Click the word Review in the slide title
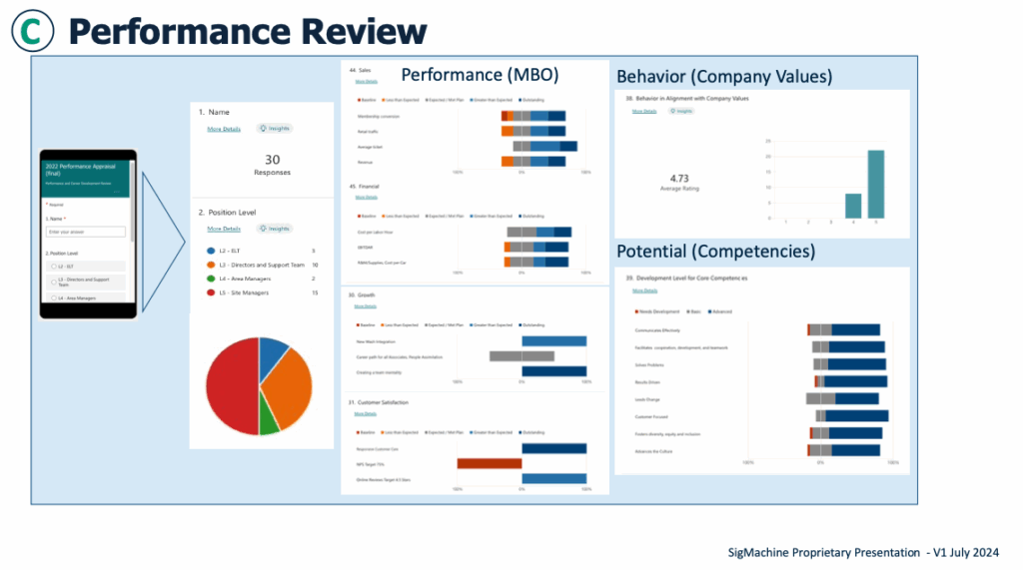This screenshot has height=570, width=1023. tap(351, 31)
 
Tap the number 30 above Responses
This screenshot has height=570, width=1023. tap(272, 160)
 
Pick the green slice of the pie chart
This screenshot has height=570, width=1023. tap(269, 420)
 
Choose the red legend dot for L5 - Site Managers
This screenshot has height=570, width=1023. tap(212, 292)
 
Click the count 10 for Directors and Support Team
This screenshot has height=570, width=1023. tap(315, 265)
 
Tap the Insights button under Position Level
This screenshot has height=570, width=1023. tap(273, 229)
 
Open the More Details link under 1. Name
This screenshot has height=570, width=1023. tap(223, 130)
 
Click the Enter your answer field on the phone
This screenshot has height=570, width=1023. tap(85, 232)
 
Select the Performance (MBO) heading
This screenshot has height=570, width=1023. tap(480, 75)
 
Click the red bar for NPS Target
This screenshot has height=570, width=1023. tap(490, 463)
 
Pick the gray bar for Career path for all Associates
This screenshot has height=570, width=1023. tap(521, 356)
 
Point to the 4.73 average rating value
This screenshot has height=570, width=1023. tap(679, 179)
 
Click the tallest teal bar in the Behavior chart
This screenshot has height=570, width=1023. tap(875, 184)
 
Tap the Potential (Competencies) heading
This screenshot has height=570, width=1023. tap(715, 251)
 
